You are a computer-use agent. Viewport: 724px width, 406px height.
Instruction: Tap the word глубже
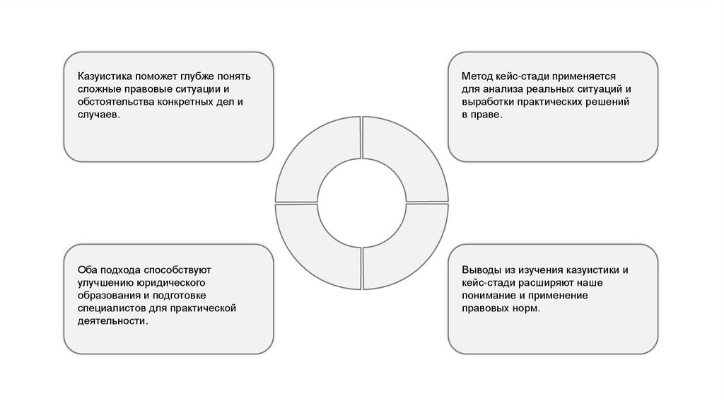(x=185, y=76)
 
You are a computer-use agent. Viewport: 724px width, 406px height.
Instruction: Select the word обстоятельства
(x=116, y=102)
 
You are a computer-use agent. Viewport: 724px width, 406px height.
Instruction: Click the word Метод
(x=477, y=76)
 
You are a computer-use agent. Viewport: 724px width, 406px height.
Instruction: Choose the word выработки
(x=487, y=102)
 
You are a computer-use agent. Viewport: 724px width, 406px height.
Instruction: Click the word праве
(x=486, y=115)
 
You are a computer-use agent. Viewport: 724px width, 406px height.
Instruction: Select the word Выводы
(x=481, y=270)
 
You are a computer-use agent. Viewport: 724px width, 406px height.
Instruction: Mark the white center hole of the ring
(x=361, y=203)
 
